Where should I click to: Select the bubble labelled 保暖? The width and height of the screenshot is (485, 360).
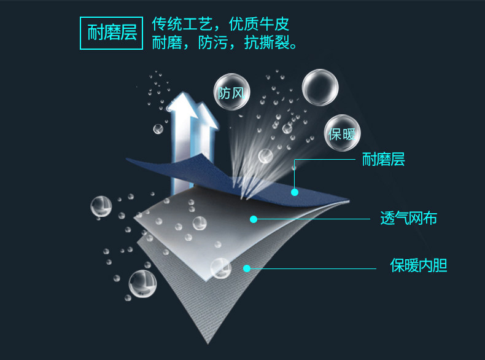coord(342,133)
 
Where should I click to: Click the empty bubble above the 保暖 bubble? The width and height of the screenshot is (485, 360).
coord(320,87)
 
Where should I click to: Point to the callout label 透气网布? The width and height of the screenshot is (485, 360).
coord(408,218)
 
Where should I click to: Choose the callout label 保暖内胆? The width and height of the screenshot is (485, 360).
coord(419,266)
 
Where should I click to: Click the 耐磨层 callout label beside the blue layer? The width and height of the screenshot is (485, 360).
coord(383,160)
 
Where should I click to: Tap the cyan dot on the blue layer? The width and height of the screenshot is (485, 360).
coord(295,192)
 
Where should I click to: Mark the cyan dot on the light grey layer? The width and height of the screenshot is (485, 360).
coord(252,218)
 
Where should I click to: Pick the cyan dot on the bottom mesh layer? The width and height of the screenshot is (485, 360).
coord(246,268)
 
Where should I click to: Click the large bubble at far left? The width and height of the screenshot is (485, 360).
coord(101,207)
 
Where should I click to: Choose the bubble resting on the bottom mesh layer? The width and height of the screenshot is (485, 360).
coord(220,267)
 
